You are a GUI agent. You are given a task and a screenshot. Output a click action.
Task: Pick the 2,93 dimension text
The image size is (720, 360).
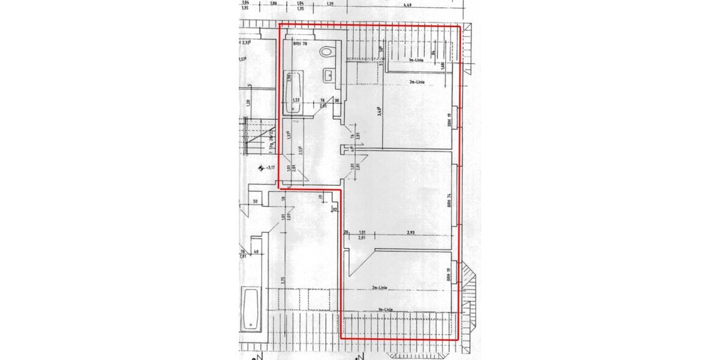click(x=411, y=232)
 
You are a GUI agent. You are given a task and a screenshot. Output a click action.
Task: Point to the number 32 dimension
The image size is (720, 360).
click(x=335, y=210)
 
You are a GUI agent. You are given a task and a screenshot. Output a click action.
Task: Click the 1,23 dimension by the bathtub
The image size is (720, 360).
click(x=296, y=100)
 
